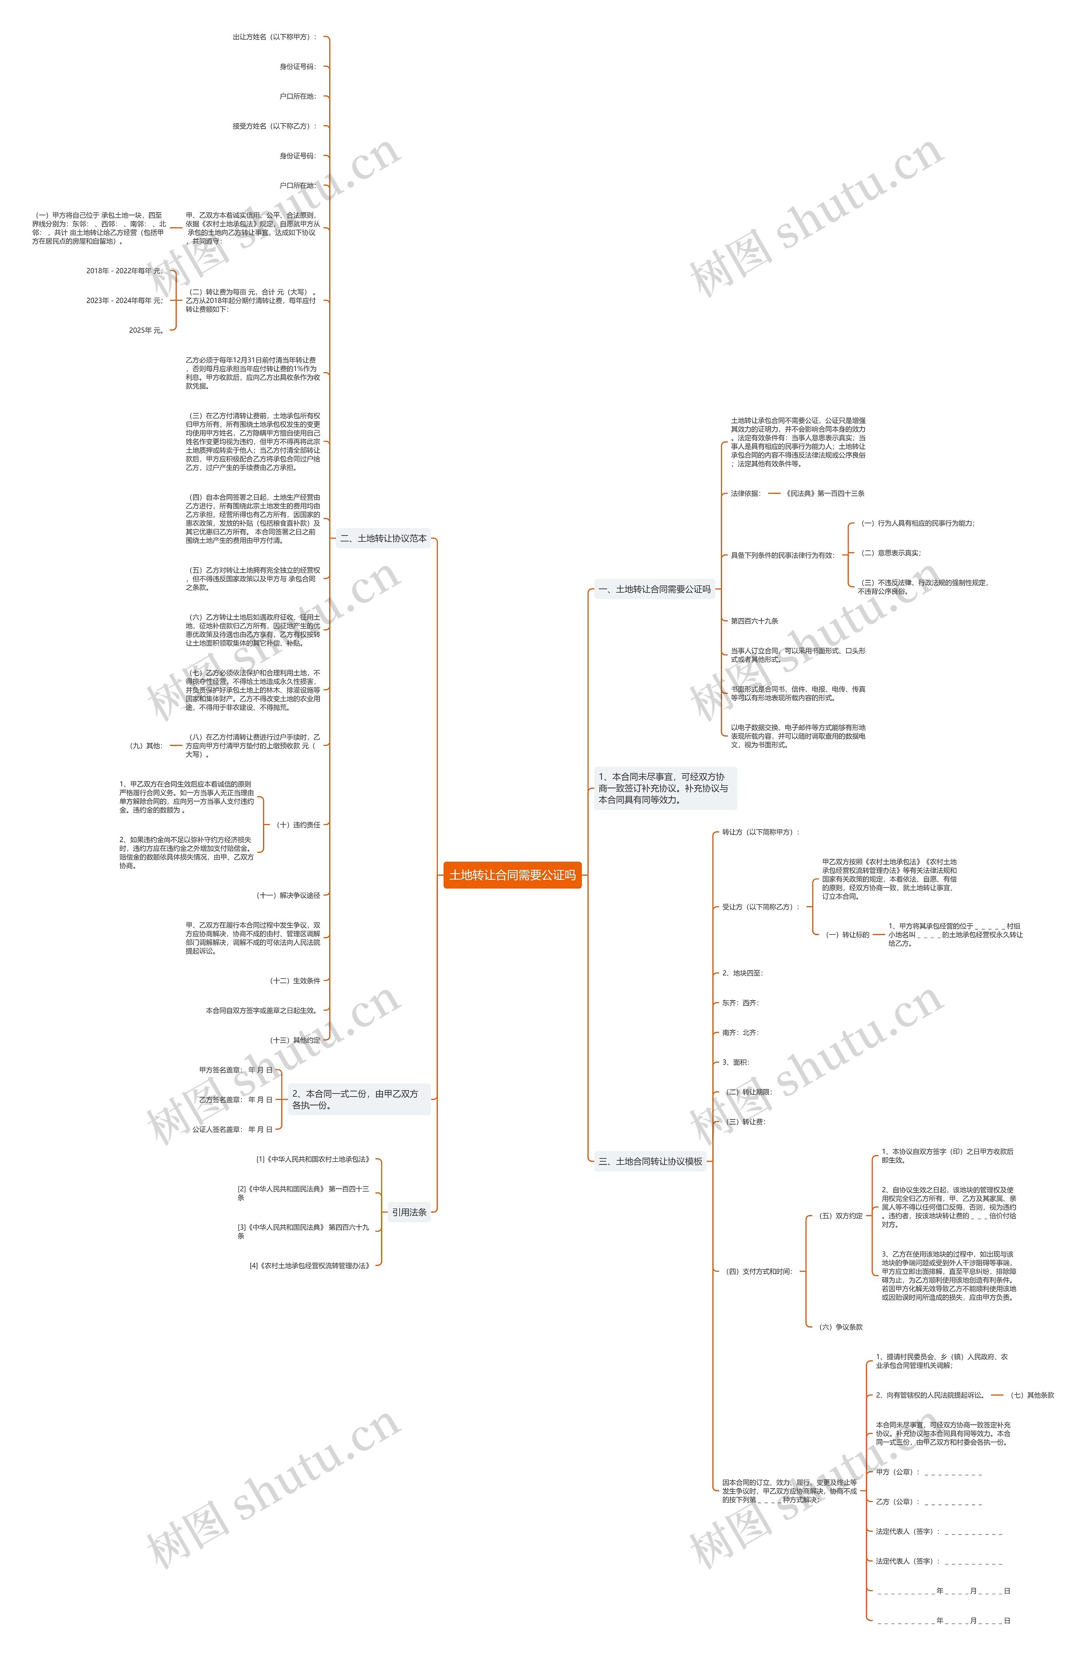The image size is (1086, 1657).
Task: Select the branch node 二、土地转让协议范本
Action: click(383, 538)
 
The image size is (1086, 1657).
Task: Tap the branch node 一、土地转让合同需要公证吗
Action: click(654, 589)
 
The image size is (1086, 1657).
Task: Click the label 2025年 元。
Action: click(146, 330)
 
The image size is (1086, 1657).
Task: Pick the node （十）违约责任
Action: click(298, 824)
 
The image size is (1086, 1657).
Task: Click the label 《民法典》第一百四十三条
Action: click(824, 493)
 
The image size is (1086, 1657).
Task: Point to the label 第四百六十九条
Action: click(754, 620)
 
